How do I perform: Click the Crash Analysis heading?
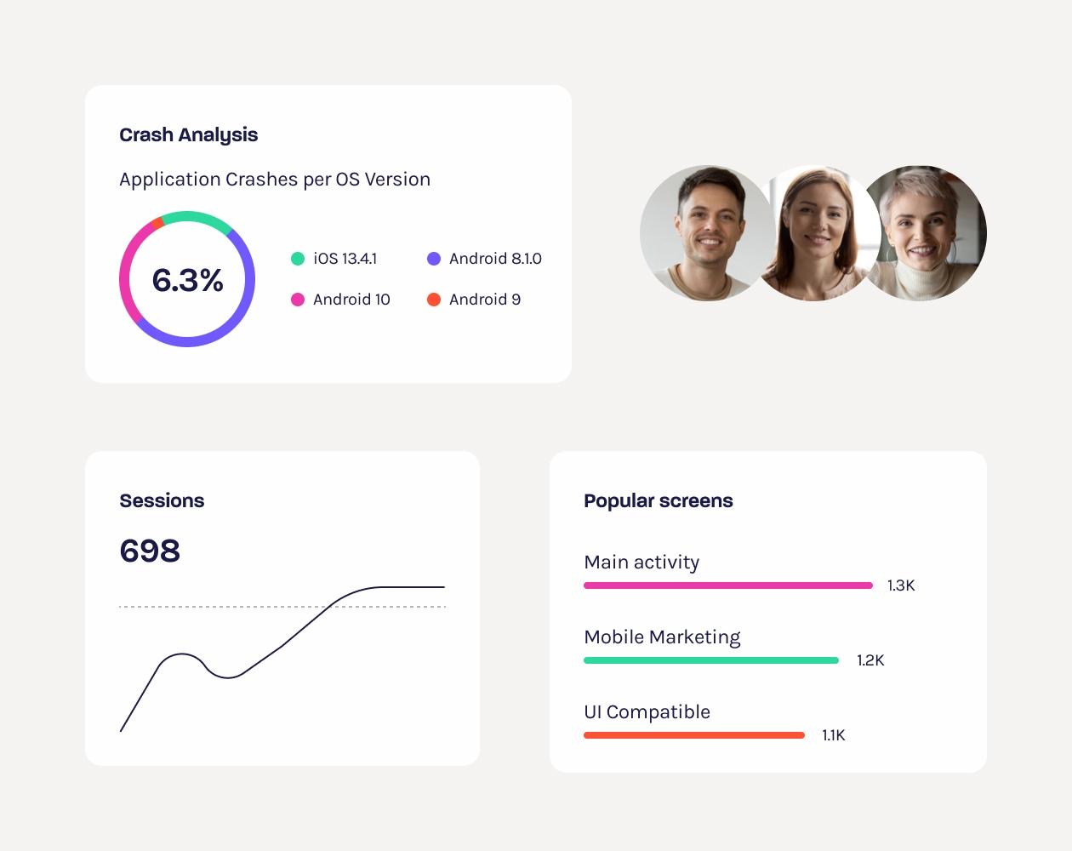188,134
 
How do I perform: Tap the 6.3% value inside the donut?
187,280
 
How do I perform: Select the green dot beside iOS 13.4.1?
298,259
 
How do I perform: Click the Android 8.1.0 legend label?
495,259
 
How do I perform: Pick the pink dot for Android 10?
298,300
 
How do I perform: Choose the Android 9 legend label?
484,300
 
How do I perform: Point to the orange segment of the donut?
155,224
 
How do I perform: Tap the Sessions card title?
162,500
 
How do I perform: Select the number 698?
150,551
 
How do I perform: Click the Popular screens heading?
658,500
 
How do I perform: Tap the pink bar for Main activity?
727,585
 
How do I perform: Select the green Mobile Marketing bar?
710,660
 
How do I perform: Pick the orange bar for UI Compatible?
693,735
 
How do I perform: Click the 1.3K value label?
901,585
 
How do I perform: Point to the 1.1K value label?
833,735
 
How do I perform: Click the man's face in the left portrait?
706,226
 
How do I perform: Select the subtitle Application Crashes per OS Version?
275,180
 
